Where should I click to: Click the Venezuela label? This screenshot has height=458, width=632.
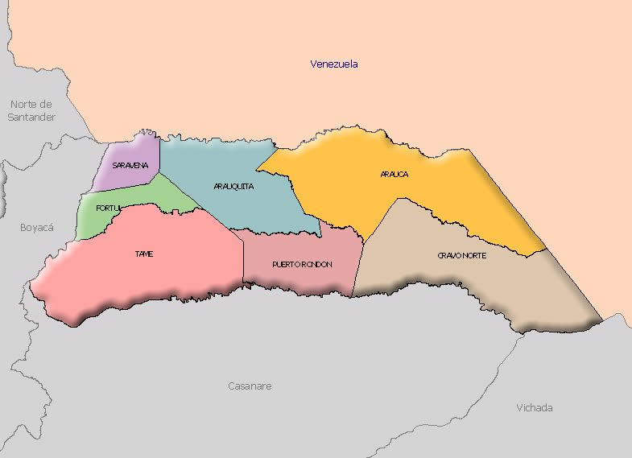334,64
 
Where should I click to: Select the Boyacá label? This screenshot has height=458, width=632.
36,228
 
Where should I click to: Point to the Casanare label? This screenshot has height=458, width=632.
250,386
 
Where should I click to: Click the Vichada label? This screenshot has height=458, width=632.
535,407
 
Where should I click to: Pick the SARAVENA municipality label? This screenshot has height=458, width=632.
130,165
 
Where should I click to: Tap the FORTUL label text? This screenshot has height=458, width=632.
108,208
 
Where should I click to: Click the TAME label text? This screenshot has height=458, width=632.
144,254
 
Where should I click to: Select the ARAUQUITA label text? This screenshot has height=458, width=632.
234,186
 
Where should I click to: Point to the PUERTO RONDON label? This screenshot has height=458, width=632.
302,264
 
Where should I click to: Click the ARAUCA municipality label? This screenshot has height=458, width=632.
394,174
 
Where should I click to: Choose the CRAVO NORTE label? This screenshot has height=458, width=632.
462,255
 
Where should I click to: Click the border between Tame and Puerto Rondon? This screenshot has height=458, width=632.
243,262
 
